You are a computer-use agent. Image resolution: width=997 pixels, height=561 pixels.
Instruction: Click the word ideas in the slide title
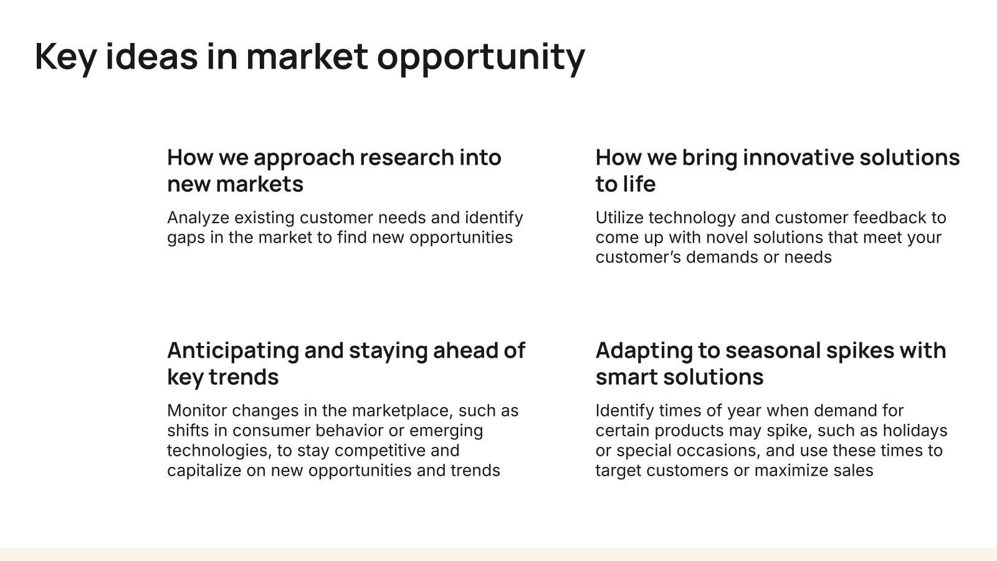pos(152,57)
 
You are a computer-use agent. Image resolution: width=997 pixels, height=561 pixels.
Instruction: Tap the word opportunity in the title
pos(481,59)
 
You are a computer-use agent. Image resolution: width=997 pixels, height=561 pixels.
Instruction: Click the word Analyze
pos(198,218)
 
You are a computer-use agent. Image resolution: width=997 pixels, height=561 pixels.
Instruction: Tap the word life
pos(641,183)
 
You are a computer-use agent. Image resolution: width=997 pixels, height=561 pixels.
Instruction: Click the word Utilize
pos(619,218)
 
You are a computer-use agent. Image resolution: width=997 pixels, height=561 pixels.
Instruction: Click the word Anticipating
pos(233,352)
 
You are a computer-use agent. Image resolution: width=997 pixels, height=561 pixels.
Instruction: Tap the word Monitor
pos(197,411)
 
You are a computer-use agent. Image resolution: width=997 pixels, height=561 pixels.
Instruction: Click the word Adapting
pos(644,352)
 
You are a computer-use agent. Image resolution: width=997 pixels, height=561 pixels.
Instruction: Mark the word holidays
pos(915,431)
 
